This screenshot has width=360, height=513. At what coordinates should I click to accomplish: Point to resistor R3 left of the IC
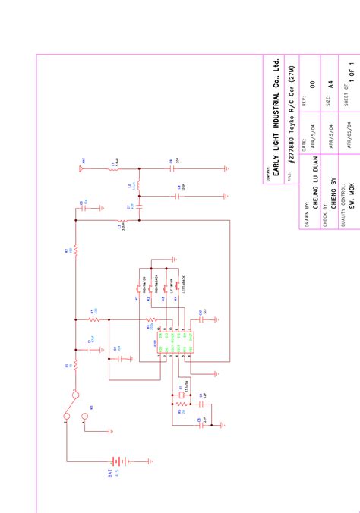tap(93, 319)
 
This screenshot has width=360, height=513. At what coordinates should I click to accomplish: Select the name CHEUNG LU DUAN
tap(313, 184)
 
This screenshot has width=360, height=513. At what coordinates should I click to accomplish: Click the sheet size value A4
tap(330, 85)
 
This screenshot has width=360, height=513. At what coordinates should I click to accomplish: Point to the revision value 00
tap(313, 85)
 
